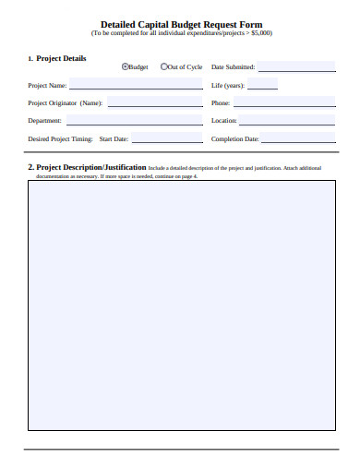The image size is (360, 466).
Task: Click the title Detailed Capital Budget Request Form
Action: point(180,24)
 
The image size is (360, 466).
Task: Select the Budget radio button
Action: point(126,66)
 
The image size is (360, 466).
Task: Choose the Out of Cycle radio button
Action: point(164,66)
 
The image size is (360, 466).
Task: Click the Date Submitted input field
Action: point(296,66)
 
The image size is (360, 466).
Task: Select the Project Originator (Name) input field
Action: point(154,102)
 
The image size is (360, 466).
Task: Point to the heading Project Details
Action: point(61,58)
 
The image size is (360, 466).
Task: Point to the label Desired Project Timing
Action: point(60,139)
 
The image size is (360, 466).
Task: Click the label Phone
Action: point(221,103)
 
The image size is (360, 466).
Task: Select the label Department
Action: point(45,121)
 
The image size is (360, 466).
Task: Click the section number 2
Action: point(30,167)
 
